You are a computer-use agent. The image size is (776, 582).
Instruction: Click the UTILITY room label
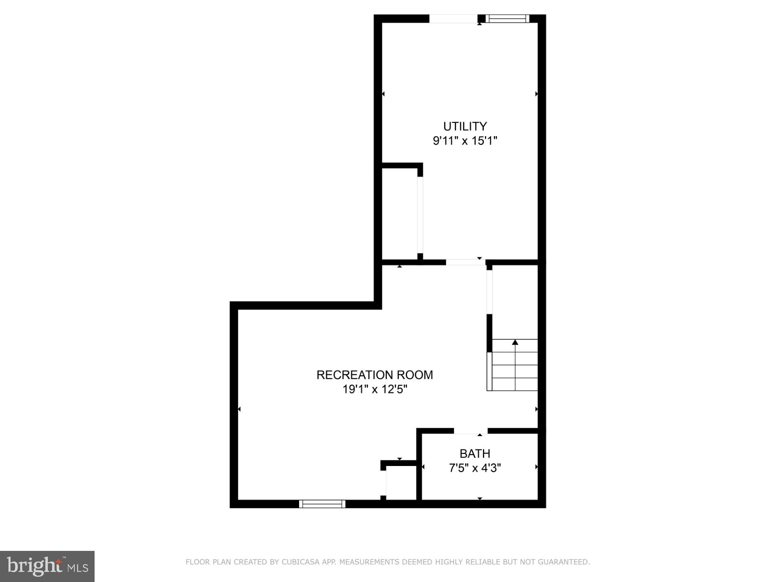pyautogui.click(x=465, y=127)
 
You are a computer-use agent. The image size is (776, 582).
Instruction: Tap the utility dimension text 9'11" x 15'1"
pyautogui.click(x=465, y=141)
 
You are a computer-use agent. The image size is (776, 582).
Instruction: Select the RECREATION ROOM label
pyautogui.click(x=375, y=375)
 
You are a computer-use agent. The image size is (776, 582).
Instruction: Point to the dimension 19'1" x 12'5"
pyautogui.click(x=375, y=390)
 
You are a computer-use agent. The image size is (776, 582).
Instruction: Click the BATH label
pyautogui.click(x=475, y=453)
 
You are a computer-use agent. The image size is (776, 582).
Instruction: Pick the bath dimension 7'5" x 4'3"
pyautogui.click(x=475, y=468)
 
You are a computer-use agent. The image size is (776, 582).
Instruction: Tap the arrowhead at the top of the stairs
pyautogui.click(x=515, y=342)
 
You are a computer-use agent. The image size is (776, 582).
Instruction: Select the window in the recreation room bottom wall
pyautogui.click(x=322, y=504)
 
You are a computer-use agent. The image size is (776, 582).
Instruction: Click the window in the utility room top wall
pyautogui.click(x=507, y=19)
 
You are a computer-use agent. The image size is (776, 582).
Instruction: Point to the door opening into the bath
pyautogui.click(x=471, y=431)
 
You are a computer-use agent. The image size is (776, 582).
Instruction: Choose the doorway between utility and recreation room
pyautogui.click(x=466, y=262)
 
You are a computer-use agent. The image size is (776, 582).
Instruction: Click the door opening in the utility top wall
pyautogui.click(x=453, y=19)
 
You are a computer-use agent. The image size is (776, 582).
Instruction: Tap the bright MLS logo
pyautogui.click(x=47, y=566)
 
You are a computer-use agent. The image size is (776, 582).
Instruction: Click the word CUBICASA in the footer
pyautogui.click(x=300, y=562)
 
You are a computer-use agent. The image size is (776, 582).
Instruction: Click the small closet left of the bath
pyautogui.click(x=401, y=483)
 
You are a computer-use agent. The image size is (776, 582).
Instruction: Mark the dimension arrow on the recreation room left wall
pyautogui.click(x=239, y=409)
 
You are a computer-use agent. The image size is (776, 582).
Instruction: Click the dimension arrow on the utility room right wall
pyautogui.click(x=536, y=94)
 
